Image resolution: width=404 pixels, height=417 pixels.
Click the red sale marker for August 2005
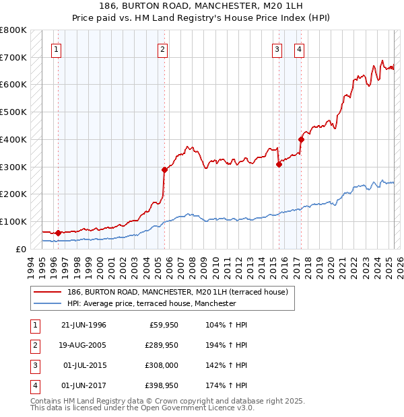pos(164,169)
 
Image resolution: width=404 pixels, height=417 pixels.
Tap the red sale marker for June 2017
pos(301,139)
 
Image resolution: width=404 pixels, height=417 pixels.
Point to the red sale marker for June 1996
pos(58,233)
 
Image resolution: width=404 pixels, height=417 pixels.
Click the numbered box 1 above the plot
pos(56,48)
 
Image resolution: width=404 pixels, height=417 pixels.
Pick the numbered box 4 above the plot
pos(298,48)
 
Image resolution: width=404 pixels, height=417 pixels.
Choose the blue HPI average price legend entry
pos(151,304)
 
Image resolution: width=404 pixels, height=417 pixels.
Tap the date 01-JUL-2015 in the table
pos(82,366)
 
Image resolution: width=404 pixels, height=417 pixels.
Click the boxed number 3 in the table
pos(32,366)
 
